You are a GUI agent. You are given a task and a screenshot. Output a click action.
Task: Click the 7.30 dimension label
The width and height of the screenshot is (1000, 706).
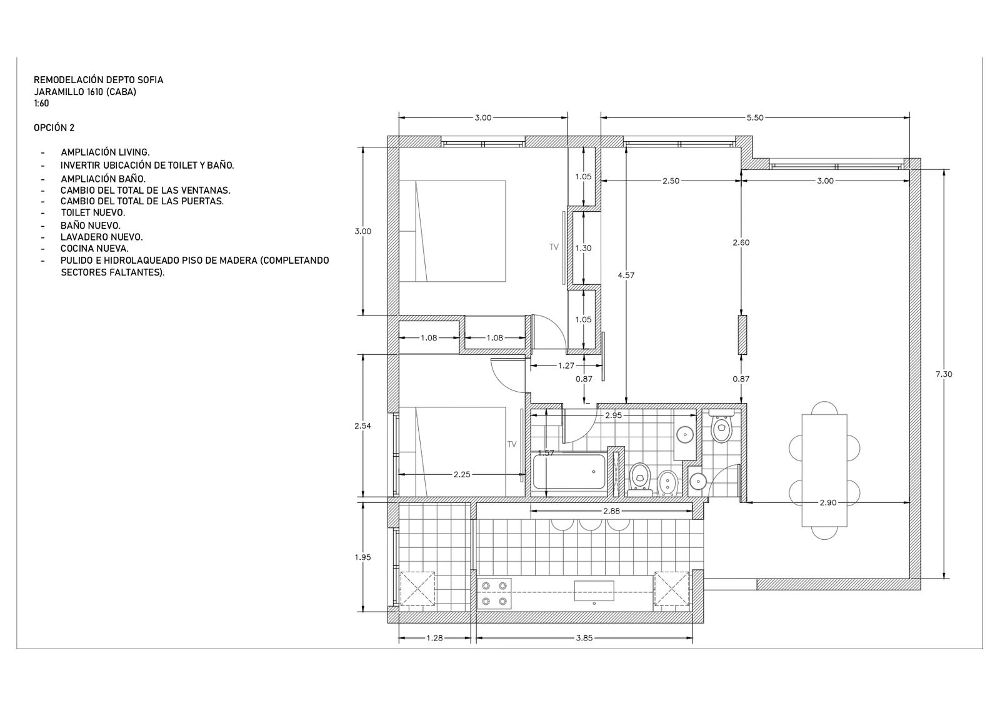[943, 374]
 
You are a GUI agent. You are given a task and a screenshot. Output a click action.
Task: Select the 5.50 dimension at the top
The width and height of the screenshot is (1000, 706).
[755, 118]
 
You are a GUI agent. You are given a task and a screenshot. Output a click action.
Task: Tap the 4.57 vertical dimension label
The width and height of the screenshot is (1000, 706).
[626, 276]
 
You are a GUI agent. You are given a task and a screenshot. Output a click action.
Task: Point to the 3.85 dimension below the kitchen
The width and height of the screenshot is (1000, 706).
[584, 638]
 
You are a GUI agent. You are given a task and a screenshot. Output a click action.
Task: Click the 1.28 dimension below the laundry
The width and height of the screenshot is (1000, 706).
[434, 638]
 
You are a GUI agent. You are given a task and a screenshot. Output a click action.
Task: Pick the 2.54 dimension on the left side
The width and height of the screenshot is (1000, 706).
[363, 425]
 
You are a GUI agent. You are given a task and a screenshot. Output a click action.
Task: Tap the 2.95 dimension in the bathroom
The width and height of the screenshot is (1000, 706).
[613, 415]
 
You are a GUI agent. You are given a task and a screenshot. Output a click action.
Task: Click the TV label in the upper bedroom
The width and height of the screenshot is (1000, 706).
[554, 247]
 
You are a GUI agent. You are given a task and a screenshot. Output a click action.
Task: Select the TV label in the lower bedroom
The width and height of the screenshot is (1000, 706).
[512, 444]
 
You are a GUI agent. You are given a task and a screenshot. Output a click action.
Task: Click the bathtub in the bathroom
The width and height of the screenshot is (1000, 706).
[569, 472]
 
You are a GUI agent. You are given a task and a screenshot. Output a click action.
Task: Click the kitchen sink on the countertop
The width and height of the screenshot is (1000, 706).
[594, 591]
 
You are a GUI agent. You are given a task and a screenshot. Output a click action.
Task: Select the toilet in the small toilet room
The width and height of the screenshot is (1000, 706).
[721, 427]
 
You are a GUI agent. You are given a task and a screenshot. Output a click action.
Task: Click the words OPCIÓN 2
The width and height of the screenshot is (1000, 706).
[54, 127]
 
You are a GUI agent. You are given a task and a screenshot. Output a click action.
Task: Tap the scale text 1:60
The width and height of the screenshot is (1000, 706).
[41, 104]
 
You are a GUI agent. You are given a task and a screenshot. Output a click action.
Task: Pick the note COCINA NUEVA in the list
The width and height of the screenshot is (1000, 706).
[94, 249]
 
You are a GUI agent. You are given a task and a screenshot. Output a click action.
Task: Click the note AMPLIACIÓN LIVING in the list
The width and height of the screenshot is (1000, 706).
[106, 152]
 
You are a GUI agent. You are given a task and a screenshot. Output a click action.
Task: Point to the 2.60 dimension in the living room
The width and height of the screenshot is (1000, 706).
[741, 243]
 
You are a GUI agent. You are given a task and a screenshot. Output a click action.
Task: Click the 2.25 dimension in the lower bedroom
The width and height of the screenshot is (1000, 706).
[462, 474]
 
